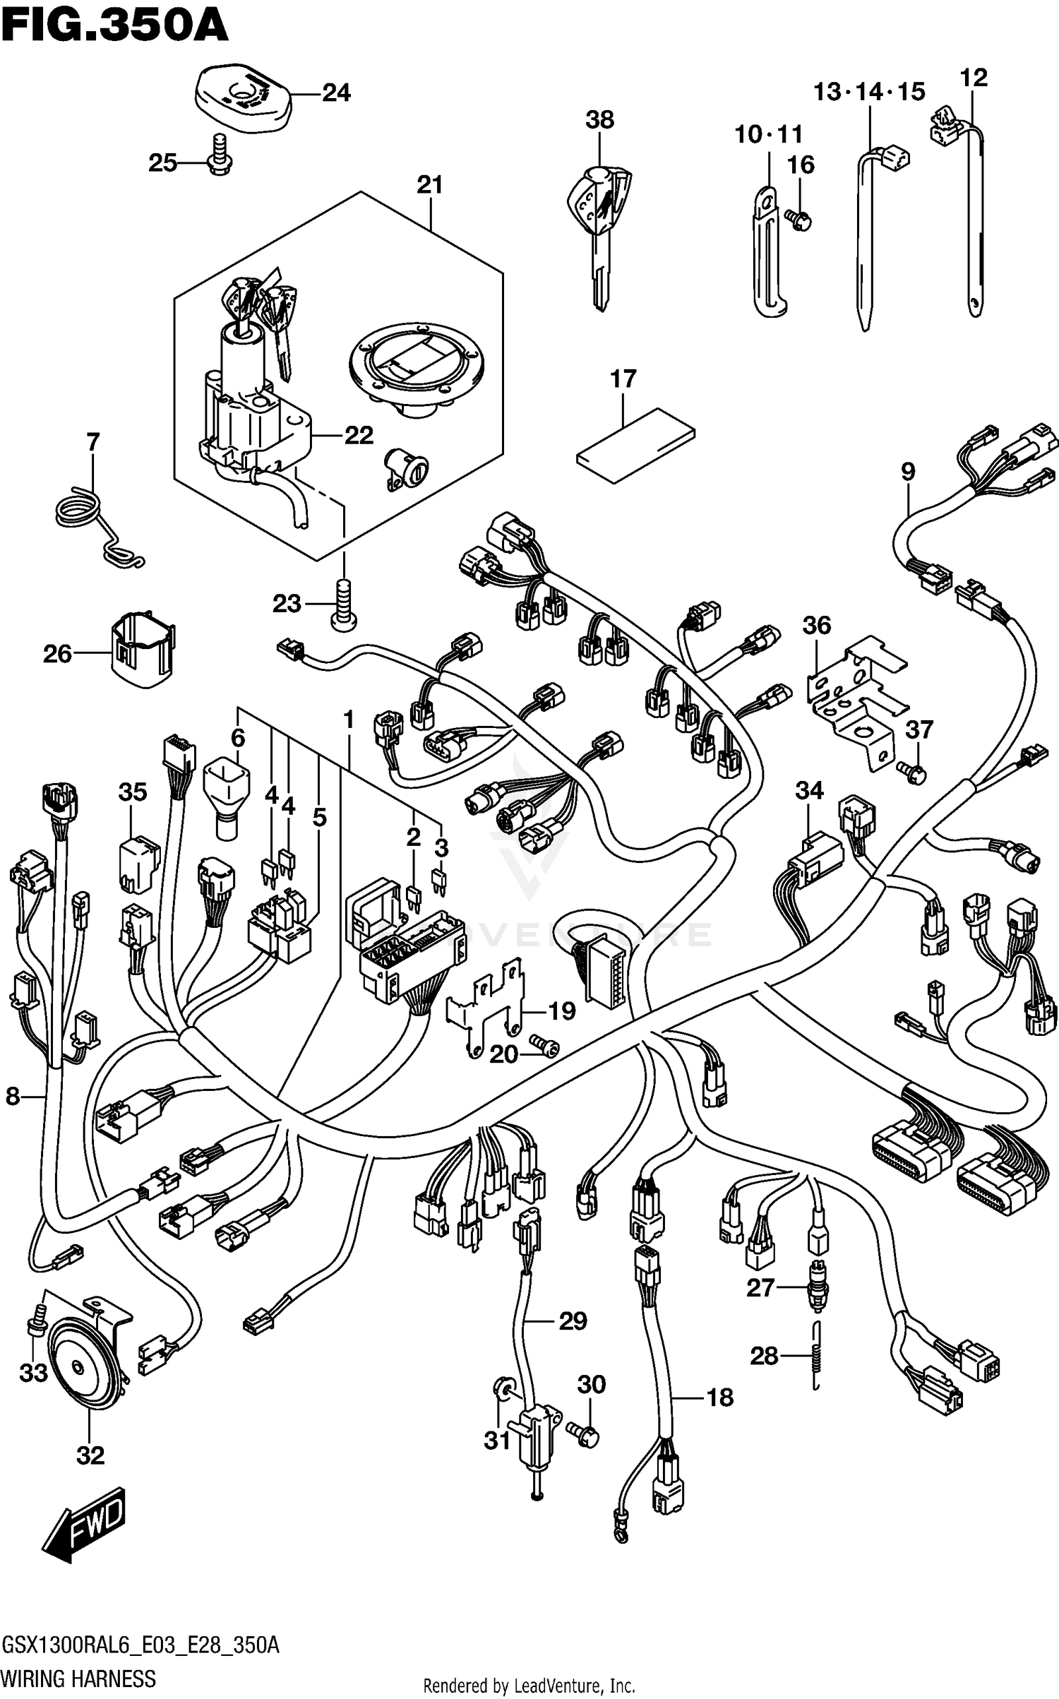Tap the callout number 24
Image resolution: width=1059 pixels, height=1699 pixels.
(x=336, y=93)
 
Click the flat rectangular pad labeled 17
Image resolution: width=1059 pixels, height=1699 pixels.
(x=635, y=446)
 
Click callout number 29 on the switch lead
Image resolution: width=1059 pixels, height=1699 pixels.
(x=573, y=1321)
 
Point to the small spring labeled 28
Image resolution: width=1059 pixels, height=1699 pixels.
(x=817, y=1356)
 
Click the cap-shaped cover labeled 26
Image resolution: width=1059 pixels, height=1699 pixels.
(x=143, y=648)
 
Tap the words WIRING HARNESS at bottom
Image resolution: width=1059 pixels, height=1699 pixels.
(x=79, y=1678)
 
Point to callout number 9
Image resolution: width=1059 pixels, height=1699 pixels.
(x=907, y=471)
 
